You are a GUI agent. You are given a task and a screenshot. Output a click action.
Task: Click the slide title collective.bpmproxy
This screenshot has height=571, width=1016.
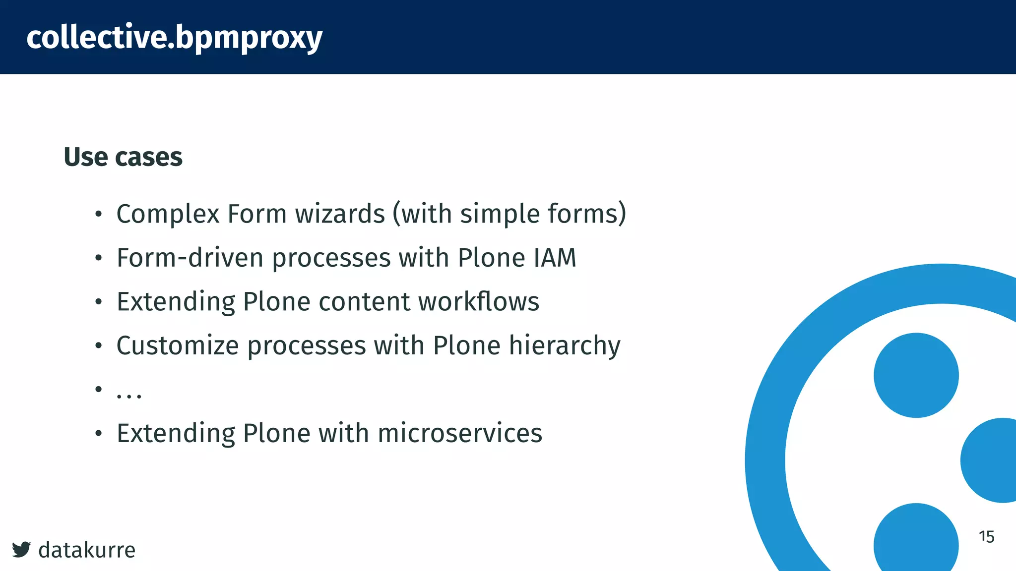coord(174,37)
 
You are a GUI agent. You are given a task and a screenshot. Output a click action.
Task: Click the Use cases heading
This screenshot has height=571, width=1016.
coord(123,157)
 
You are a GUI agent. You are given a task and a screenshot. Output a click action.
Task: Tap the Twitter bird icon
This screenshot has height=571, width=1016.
coord(21,549)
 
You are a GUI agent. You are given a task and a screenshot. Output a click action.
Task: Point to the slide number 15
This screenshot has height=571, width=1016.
coord(986,536)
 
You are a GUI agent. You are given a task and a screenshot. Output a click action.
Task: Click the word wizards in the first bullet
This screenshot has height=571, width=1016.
coord(340,214)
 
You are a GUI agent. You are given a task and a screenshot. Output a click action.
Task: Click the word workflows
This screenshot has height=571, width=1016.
coord(478,301)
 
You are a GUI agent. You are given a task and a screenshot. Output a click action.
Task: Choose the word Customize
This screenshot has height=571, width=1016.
coord(177,345)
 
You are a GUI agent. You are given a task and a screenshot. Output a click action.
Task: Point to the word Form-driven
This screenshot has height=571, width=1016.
coord(190,258)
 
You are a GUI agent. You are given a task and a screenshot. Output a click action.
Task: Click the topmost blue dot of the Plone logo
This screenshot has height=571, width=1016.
coord(916,375)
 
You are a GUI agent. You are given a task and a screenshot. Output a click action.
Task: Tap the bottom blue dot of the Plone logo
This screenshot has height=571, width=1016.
coord(916,540)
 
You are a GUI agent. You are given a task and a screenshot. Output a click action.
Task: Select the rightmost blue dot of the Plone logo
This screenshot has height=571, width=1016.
coord(991,460)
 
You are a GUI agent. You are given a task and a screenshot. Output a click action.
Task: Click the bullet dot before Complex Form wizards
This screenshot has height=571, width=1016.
coord(99,215)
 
